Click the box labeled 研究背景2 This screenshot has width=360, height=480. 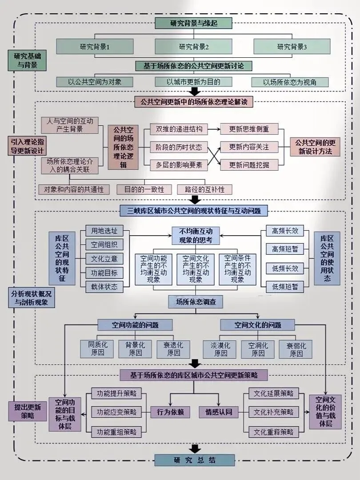click(x=193, y=47)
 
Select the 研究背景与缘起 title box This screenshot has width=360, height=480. click(x=193, y=23)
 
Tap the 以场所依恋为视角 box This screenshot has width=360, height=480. click(x=290, y=82)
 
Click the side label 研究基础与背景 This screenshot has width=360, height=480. click(x=27, y=60)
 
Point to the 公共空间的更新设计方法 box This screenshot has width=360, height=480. click(x=315, y=147)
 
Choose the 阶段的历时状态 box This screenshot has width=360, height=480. click(x=179, y=147)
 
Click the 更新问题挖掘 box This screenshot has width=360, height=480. click(x=249, y=165)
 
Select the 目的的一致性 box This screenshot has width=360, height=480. click(x=144, y=189)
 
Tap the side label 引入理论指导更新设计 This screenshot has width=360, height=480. click(x=27, y=146)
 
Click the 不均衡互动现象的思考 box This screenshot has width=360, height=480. click(x=196, y=236)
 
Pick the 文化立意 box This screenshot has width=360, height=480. click(x=104, y=259)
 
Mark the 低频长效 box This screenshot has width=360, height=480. click(x=285, y=268)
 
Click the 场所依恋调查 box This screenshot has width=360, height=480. click(x=196, y=302)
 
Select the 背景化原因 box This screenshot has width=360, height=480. click(x=135, y=349)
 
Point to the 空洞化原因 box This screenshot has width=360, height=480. click(x=258, y=349)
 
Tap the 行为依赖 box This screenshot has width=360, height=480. click(x=170, y=412)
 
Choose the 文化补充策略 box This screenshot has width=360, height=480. click(x=273, y=412)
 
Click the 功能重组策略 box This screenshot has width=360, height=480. click(x=116, y=432)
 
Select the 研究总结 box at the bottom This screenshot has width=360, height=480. click(x=195, y=460)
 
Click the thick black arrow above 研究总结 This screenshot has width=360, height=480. click(x=195, y=448)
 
